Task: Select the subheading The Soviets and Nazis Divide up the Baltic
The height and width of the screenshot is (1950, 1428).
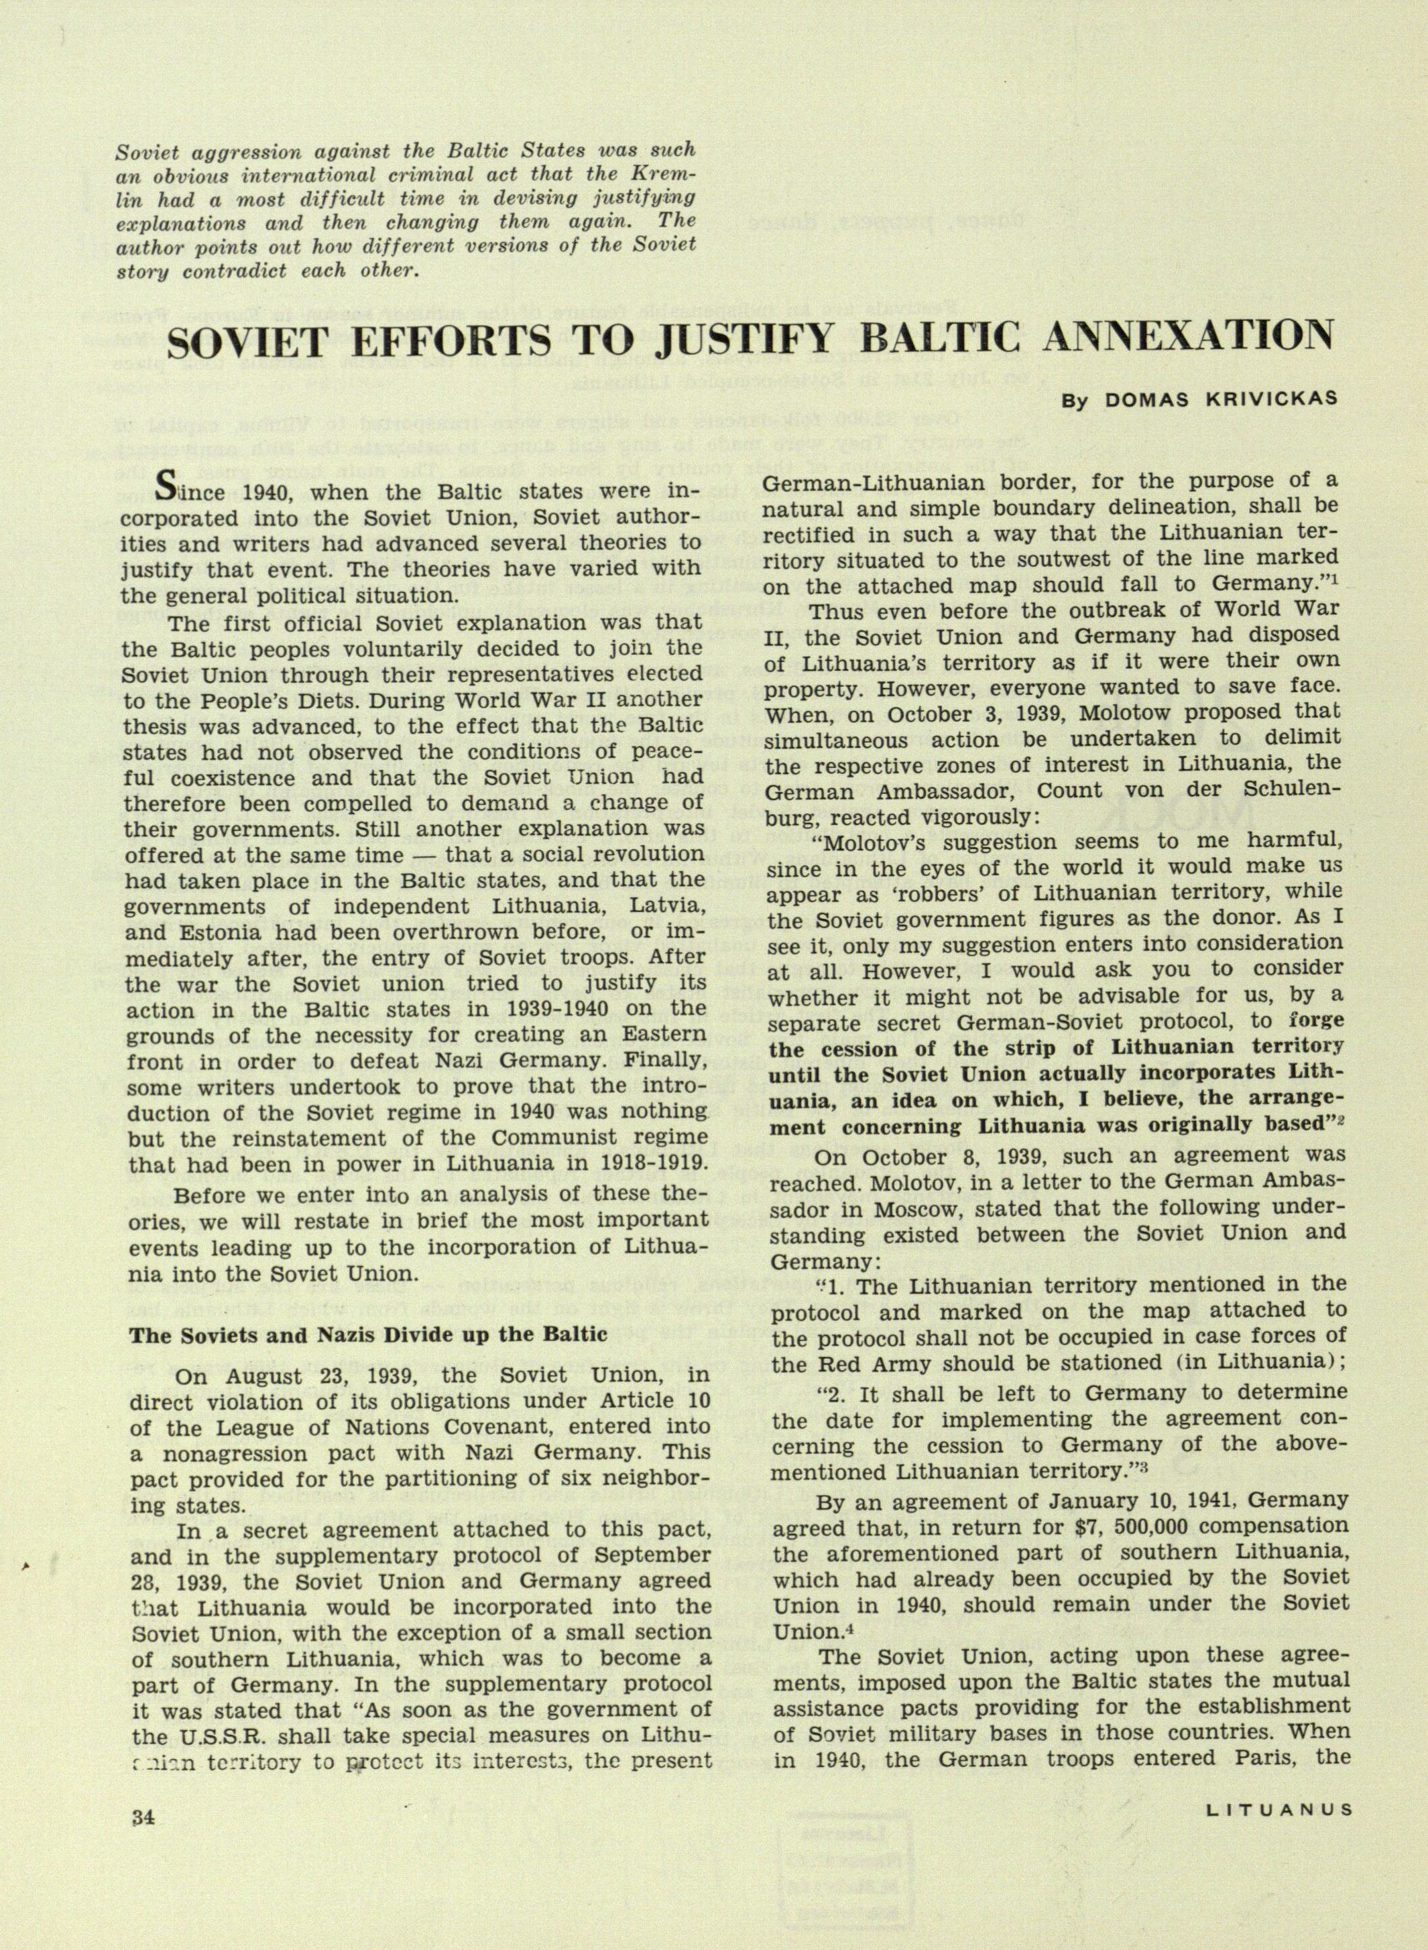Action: [368, 1335]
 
